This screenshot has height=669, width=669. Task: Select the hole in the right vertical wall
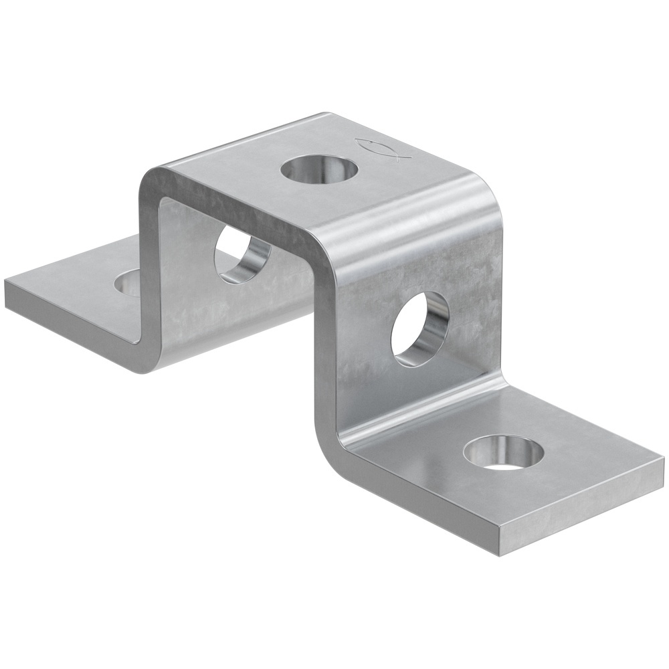[x=419, y=328]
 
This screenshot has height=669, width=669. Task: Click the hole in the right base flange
[x=504, y=452]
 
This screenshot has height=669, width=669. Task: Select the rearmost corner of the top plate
[x=326, y=114]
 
